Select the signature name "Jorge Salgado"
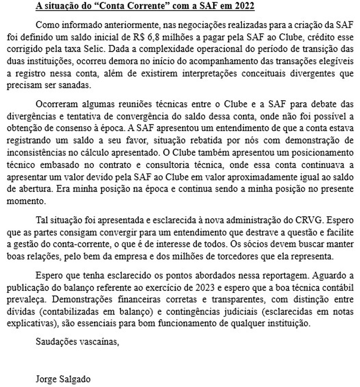tap(63, 379)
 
